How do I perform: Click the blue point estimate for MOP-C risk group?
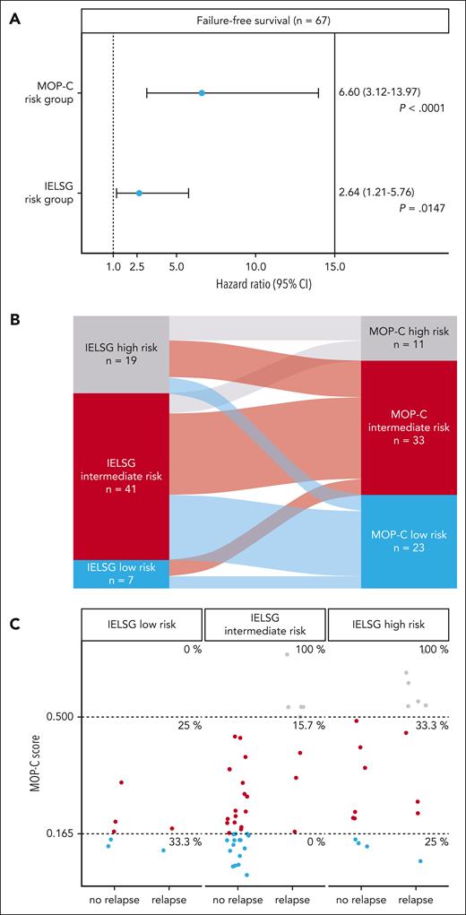[202, 92]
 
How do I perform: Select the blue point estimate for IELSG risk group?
[139, 192]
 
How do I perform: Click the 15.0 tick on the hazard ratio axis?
[334, 267]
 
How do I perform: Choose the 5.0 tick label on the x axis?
[177, 267]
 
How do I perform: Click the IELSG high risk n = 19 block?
[121, 355]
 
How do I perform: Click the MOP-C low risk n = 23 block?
[410, 541]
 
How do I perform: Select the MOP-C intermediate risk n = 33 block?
[410, 427]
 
